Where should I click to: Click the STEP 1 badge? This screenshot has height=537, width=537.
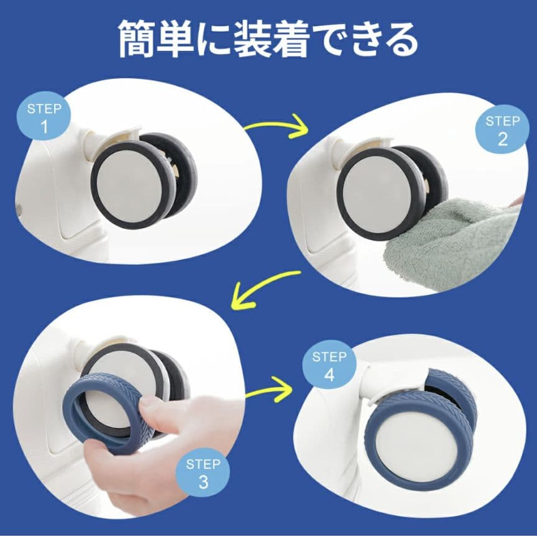click(x=44, y=116)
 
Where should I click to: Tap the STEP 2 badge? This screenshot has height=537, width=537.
click(x=502, y=129)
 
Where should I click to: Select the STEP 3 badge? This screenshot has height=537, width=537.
click(x=203, y=472)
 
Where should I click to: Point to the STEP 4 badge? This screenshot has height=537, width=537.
click(x=329, y=364)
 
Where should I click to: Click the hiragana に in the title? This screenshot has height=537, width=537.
click(x=214, y=39)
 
